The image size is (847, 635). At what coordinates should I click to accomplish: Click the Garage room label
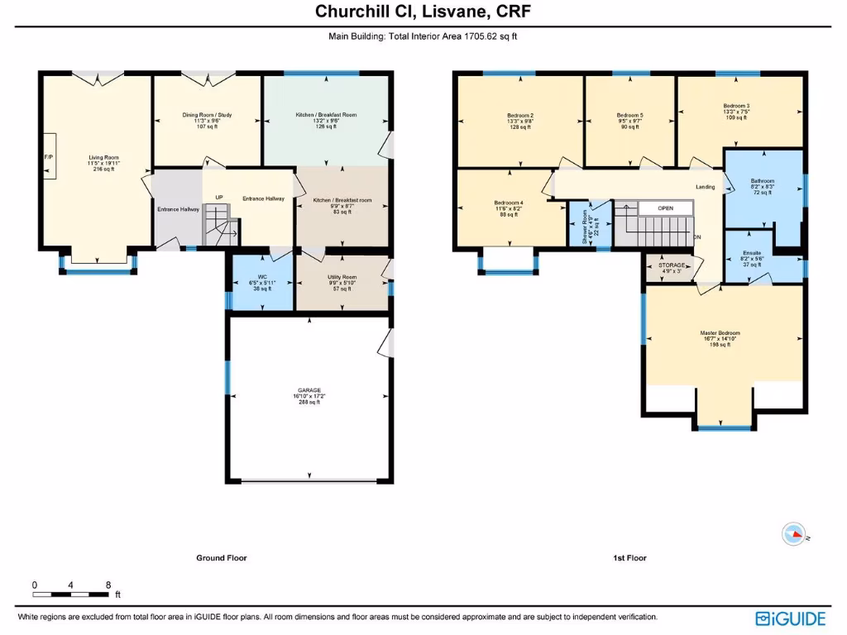[x=309, y=390]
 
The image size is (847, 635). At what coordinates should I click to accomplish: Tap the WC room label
[x=261, y=277]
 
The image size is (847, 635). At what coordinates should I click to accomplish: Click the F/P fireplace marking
[x=47, y=156]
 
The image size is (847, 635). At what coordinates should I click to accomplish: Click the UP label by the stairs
[x=219, y=198]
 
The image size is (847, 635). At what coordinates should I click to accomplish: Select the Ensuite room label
[x=752, y=253]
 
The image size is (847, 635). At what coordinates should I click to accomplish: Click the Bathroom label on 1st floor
[x=762, y=181]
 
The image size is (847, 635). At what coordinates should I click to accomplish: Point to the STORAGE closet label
[x=672, y=265]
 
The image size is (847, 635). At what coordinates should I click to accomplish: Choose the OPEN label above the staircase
[x=666, y=208]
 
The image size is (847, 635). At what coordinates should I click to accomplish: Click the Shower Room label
[x=586, y=218]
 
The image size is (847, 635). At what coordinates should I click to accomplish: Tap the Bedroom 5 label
[x=629, y=115]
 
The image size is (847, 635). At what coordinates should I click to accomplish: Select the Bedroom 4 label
[x=508, y=203]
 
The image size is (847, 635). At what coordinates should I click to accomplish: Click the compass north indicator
[x=794, y=535]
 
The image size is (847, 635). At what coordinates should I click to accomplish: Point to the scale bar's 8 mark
[x=108, y=585]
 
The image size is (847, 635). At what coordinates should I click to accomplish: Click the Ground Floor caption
[x=221, y=558]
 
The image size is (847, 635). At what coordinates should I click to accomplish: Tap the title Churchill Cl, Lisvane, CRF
[x=423, y=12]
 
